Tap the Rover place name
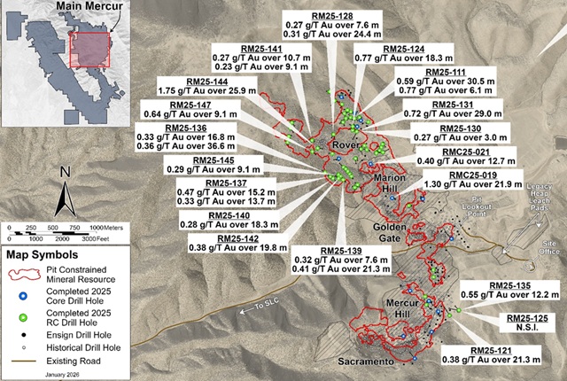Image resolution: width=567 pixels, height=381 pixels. (342, 144)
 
